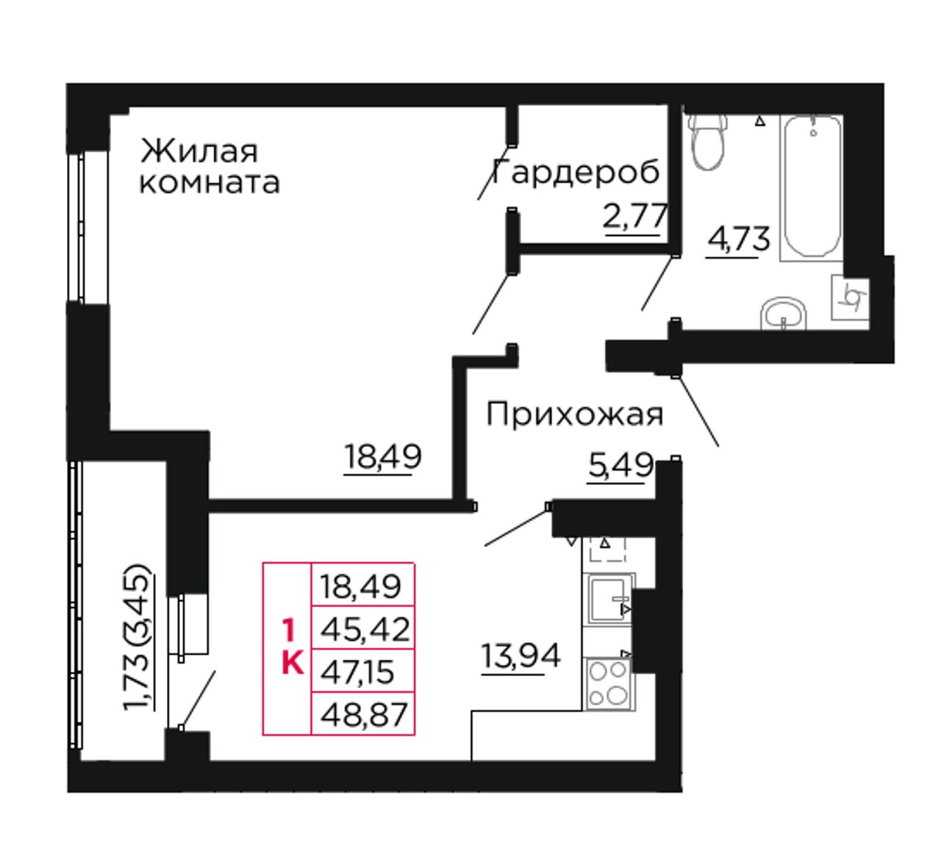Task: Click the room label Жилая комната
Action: (x=210, y=166)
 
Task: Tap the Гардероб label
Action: (x=576, y=172)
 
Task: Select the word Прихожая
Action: (x=575, y=414)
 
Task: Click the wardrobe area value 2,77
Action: (x=635, y=216)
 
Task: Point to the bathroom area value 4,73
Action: (x=738, y=239)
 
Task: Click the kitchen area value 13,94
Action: (x=520, y=656)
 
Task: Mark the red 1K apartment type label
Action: (x=292, y=647)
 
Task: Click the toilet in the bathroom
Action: (x=709, y=142)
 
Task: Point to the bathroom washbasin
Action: (x=783, y=313)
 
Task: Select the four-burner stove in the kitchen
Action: (x=609, y=683)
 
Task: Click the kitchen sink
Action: (x=609, y=599)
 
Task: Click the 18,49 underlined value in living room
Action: (x=383, y=456)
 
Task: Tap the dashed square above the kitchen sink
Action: (x=607, y=549)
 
